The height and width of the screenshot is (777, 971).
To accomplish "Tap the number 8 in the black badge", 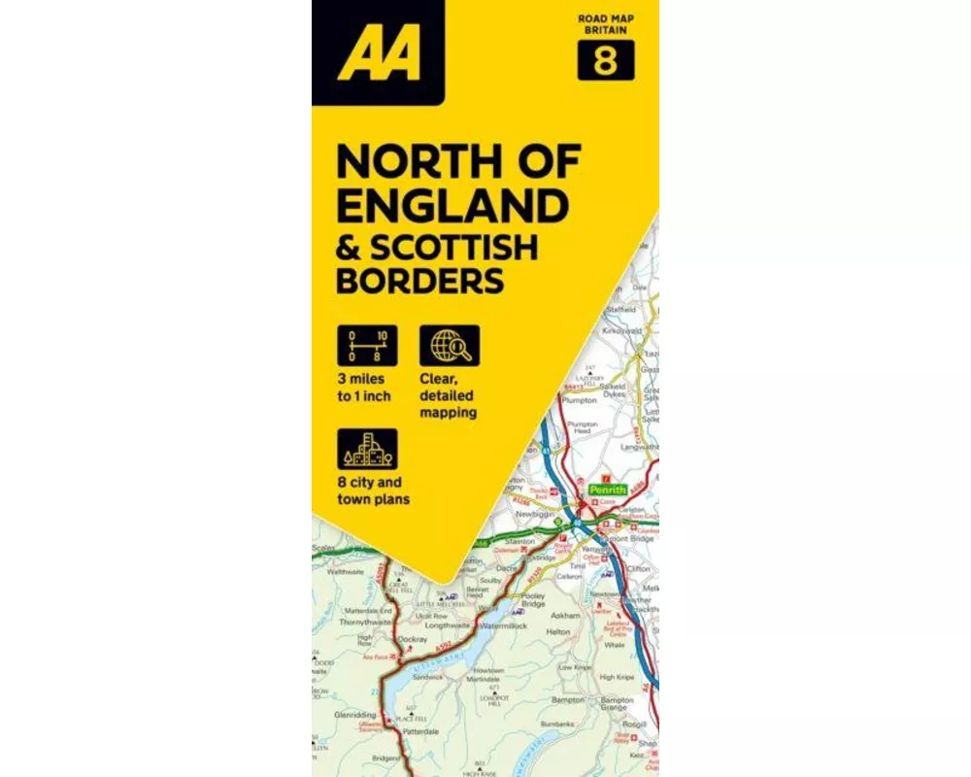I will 606,61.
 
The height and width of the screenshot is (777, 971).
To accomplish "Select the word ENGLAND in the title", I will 452,206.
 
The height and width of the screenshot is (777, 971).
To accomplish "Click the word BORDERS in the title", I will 419,281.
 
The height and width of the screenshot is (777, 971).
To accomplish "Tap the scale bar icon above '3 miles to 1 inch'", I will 367,345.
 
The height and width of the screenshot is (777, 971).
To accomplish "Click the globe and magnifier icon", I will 449,345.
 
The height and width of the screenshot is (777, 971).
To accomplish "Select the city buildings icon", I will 367,449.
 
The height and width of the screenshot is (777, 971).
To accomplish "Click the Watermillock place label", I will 503,626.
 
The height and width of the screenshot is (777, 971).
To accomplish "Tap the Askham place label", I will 565,616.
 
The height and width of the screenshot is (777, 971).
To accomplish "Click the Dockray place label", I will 413,639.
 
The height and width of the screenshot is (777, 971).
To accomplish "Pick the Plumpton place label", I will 579,399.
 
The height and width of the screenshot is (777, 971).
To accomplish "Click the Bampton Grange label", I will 617,703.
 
